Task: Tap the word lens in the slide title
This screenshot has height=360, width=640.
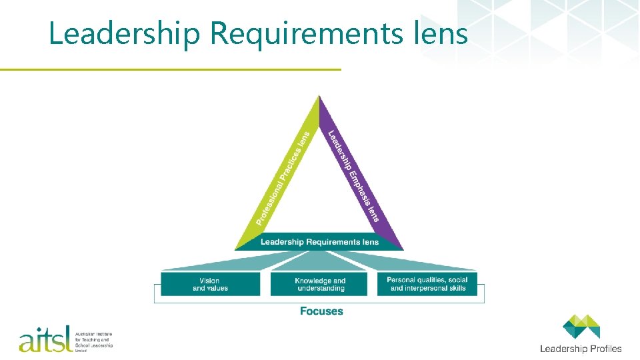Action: [x=444, y=33]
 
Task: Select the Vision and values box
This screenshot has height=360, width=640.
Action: [x=210, y=284]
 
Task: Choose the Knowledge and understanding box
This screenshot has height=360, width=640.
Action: [x=320, y=284]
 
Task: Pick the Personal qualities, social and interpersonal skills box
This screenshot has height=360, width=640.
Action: [x=427, y=283]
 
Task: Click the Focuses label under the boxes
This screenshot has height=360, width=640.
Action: [x=321, y=311]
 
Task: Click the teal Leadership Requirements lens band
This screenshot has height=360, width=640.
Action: [x=319, y=241]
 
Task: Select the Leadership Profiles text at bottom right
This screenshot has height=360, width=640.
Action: [x=580, y=348]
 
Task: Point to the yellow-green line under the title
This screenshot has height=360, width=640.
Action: [x=170, y=69]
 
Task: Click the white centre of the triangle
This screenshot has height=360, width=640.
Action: [x=319, y=193]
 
